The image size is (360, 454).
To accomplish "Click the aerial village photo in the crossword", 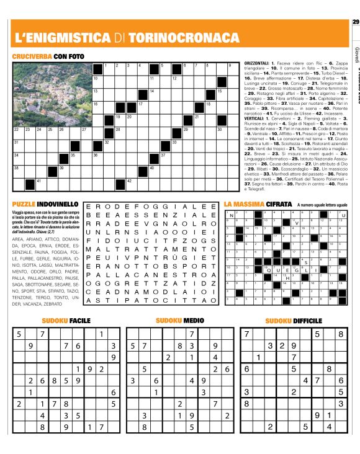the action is (x=51, y=94).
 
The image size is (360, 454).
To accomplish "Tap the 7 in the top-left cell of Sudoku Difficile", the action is (x=247, y=334).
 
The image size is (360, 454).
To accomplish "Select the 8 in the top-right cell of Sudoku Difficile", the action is (x=341, y=334).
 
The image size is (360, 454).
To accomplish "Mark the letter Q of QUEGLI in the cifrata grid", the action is (x=269, y=270).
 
